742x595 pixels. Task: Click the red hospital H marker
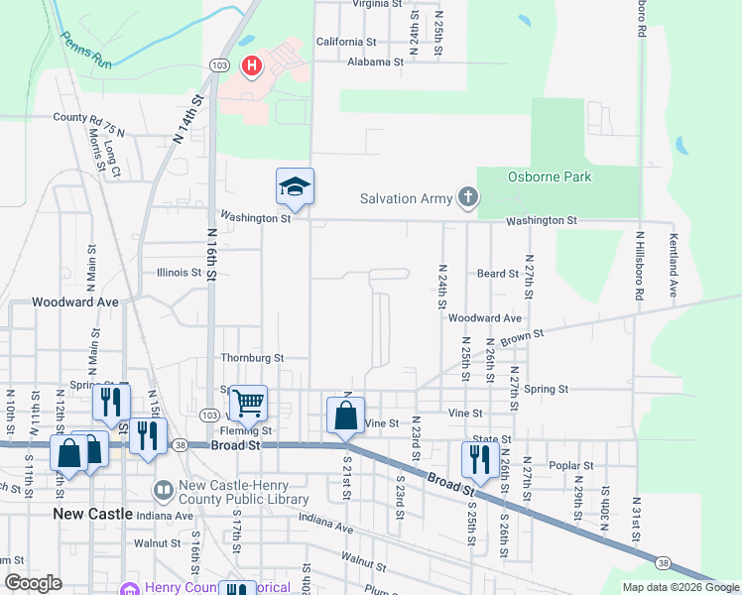252,67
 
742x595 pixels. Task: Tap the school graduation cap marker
295,185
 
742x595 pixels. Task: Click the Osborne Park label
550,178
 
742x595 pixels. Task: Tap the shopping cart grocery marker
248,403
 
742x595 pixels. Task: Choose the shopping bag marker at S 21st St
345,415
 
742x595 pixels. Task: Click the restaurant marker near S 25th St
476,459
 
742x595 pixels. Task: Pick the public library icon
164,489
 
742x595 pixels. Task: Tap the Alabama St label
375,61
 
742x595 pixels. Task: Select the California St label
346,42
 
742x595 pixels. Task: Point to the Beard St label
498,274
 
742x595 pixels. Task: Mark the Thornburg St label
252,358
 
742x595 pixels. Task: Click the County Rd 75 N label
89,118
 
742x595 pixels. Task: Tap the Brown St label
517,339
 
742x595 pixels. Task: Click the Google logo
34,583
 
